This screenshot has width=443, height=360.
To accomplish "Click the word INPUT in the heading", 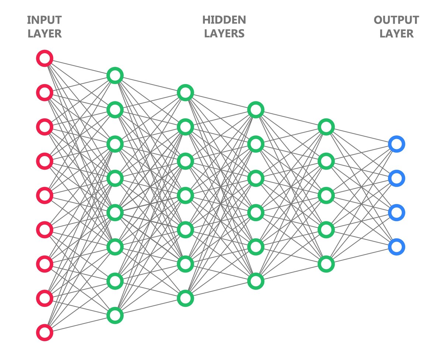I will [x=44, y=20].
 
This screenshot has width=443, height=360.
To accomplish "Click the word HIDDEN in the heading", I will [x=224, y=20].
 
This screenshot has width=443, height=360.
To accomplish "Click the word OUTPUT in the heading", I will [x=396, y=20].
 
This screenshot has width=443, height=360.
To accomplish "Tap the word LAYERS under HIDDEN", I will [x=224, y=34].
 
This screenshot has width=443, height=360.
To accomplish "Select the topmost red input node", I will [x=45, y=58].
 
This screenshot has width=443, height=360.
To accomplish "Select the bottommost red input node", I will [x=45, y=332].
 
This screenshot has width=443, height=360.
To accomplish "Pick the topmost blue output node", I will [x=396, y=144].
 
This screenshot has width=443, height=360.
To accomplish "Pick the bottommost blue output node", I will [x=396, y=246].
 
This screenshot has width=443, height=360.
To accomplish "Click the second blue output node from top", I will [x=396, y=178].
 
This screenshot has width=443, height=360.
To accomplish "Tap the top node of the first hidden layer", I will [x=115, y=76].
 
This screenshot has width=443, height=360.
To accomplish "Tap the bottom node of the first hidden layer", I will [x=115, y=315].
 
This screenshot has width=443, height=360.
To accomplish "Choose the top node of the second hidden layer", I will [x=185, y=93].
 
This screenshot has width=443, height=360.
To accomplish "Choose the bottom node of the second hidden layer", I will [x=185, y=298].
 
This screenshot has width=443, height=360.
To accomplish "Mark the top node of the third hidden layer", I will [x=255, y=110].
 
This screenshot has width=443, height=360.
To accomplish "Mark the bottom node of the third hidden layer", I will [x=255, y=281].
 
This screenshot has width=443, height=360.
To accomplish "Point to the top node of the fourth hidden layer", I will [x=326, y=127].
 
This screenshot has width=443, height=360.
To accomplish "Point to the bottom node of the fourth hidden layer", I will [x=326, y=264].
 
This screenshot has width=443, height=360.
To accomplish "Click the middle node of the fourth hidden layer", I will [x=326, y=195].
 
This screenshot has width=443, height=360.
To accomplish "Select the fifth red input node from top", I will [x=45, y=195].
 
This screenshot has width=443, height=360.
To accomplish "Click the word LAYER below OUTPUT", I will [x=396, y=34].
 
